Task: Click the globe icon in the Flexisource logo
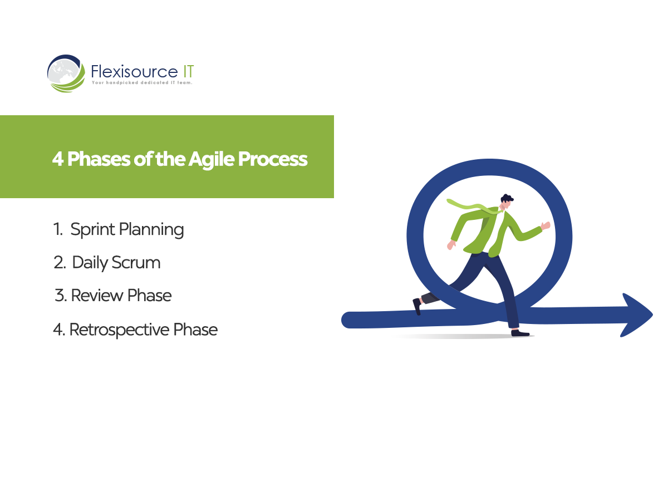pos(66,73)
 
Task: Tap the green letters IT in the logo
pos(188,72)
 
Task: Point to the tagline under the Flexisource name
pos(142,82)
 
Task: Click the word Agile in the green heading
pos(211,160)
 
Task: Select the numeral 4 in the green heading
pos(58,159)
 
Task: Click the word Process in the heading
pos(273,159)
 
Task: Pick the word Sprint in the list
pos(93,230)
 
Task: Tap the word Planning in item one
pos(151,230)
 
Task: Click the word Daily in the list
pos(90,263)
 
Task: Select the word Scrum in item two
pos(136,263)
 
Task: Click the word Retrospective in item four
pos(119,330)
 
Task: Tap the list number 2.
pos(60,263)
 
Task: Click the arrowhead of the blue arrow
pos(637,315)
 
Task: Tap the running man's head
pos(506,202)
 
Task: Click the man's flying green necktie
pos(473,207)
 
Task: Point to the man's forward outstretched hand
pos(546,226)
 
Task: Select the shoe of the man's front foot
pos(520,333)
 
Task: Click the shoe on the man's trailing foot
pos(416,307)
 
